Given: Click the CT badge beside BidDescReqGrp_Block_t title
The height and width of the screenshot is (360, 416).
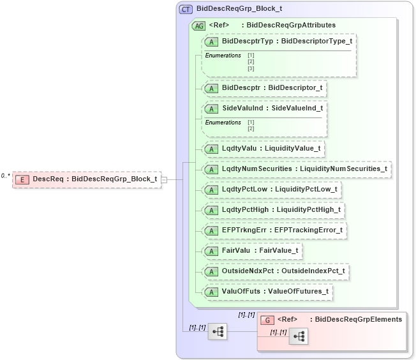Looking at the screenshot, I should coord(186,9).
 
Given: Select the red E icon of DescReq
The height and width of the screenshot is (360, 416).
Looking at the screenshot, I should coord(22,179).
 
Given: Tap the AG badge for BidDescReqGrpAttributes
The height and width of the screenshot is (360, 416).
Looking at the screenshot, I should coord(198,26).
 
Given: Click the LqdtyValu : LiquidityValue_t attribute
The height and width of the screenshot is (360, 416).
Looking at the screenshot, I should coord(264,149).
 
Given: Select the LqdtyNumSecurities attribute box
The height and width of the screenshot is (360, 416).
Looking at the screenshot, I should coord(296,169).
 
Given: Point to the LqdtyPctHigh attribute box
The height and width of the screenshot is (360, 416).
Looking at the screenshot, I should coord(274,210).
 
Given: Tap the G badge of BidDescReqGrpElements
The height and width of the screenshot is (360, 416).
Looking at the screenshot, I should coord(268,319).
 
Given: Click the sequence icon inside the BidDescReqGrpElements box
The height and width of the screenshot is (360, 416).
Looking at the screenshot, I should coord(298,336).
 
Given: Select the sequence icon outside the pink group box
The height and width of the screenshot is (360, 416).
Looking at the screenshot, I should coord(218,331).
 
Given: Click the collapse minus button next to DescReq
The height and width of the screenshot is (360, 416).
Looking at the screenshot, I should coord(164,179).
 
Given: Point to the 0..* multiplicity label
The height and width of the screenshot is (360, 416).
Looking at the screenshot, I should coord(5,176).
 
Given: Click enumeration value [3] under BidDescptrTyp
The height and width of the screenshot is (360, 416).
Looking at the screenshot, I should coord(251,68).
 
